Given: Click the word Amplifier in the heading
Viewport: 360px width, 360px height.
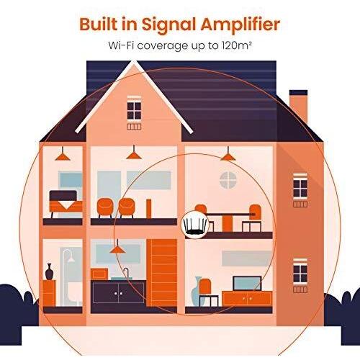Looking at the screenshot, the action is tap(240, 24).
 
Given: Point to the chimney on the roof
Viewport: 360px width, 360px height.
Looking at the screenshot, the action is tap(298, 107).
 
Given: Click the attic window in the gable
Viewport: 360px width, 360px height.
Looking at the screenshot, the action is tap(134, 110).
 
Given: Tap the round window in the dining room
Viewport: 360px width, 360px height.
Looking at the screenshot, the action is tap(228, 180).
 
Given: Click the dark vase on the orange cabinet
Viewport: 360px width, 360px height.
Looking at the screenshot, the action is tap(49, 271).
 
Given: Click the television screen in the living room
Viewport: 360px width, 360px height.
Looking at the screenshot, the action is tap(247, 284).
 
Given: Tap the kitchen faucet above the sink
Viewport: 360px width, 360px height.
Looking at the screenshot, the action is tap(125, 273).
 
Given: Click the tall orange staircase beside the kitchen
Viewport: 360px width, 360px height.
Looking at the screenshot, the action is tap(162, 273).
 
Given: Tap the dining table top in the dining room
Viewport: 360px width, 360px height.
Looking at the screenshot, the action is tap(228, 214).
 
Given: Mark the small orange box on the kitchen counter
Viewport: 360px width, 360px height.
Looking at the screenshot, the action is tap(99, 274).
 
